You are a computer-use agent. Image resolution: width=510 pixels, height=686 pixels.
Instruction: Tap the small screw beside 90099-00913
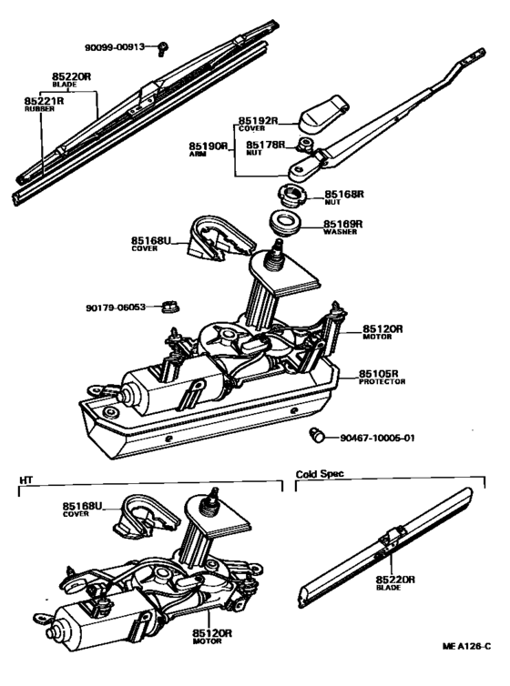coord(162,45)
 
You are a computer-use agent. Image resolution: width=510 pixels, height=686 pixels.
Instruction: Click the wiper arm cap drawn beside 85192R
coord(322,114)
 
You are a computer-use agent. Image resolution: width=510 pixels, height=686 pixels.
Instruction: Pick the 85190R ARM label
coord(209,150)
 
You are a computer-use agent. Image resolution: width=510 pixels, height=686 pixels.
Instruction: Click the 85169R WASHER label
coord(345,227)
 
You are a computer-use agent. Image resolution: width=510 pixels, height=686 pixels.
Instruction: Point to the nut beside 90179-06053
coord(169,307)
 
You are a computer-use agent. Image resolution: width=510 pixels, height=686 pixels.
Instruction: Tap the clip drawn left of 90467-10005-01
coord(319,434)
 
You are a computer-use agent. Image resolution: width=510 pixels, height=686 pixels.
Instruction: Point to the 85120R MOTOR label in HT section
coord(211,637)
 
